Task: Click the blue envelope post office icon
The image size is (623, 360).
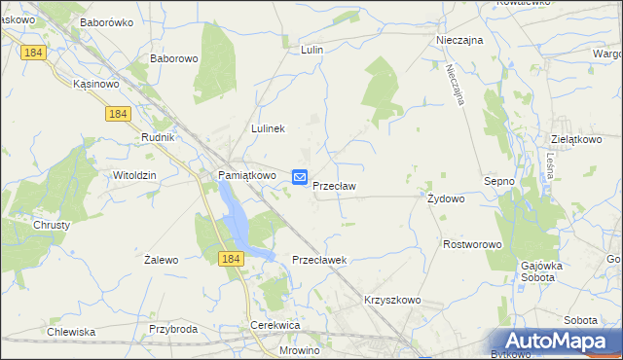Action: point(300,177)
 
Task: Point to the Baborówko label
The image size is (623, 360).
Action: point(106,21)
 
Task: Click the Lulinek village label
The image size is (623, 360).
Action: point(268,128)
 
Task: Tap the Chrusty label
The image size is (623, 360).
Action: point(52,225)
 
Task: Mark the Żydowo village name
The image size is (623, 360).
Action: point(446,198)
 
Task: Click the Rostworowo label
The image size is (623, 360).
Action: point(471,244)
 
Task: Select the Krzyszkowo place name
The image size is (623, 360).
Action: point(392,301)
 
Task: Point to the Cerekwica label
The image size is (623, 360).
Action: point(275,325)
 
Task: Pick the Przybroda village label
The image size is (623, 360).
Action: point(173,329)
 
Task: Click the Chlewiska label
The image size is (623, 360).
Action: point(71,332)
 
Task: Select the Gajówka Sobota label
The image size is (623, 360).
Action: point(551,271)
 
